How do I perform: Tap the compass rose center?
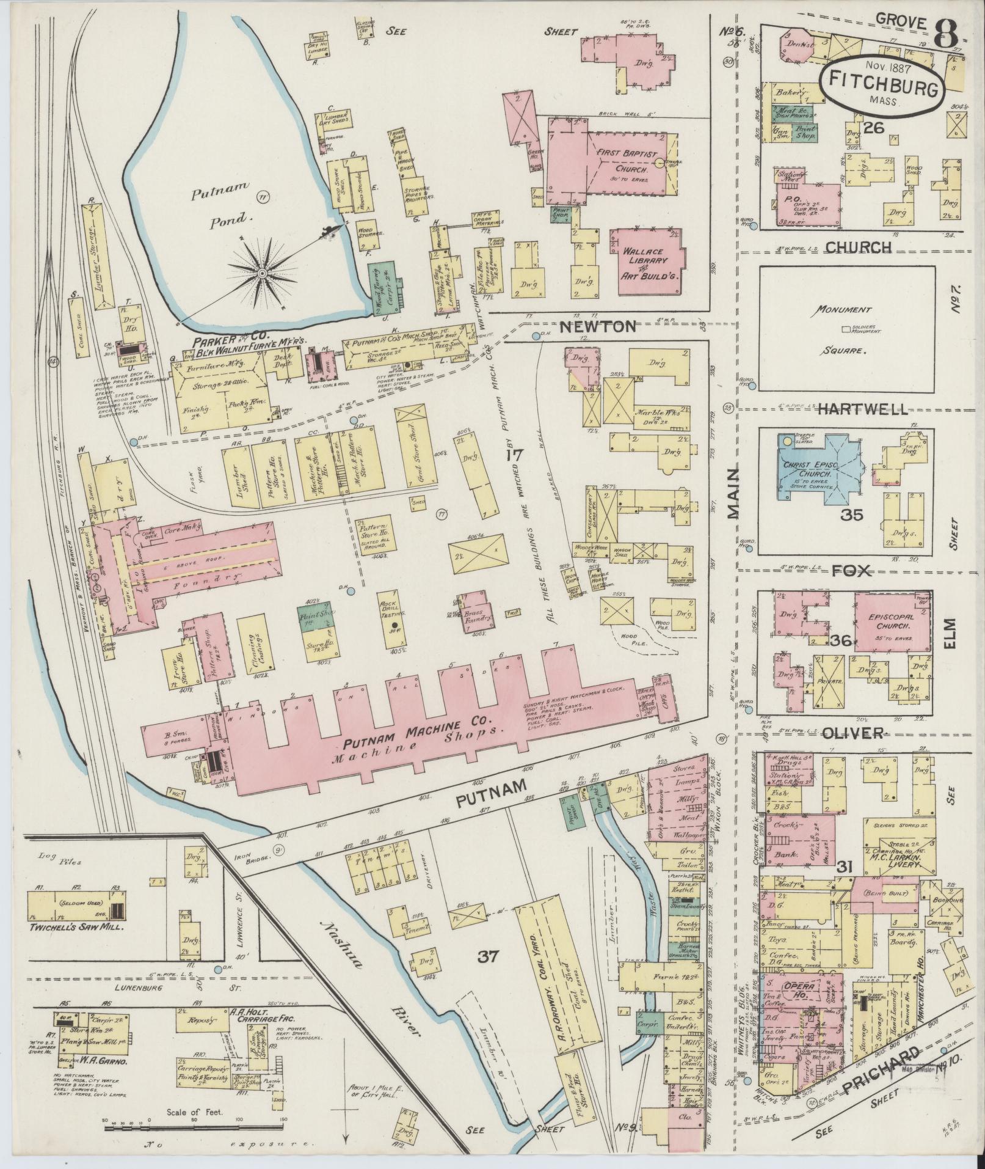[261, 272]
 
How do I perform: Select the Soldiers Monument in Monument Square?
[846, 329]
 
